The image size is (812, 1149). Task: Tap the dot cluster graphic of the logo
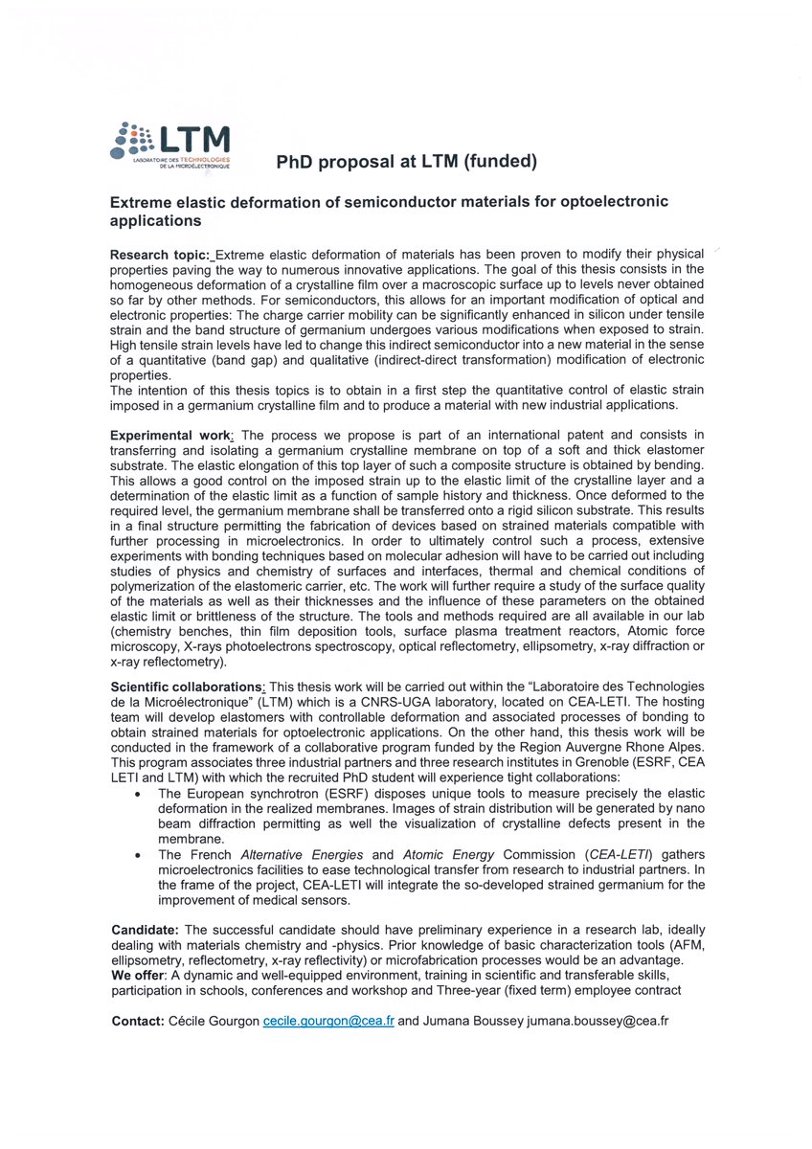(131, 141)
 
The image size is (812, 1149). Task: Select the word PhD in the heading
(294, 162)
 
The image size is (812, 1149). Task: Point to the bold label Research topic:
(160, 254)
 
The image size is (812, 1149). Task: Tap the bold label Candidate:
(145, 930)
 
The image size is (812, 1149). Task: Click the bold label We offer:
(140, 976)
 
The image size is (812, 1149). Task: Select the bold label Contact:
(138, 1022)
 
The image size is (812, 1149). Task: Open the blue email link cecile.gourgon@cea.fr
(328, 1022)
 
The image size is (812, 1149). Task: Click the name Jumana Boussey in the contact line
(471, 1022)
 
